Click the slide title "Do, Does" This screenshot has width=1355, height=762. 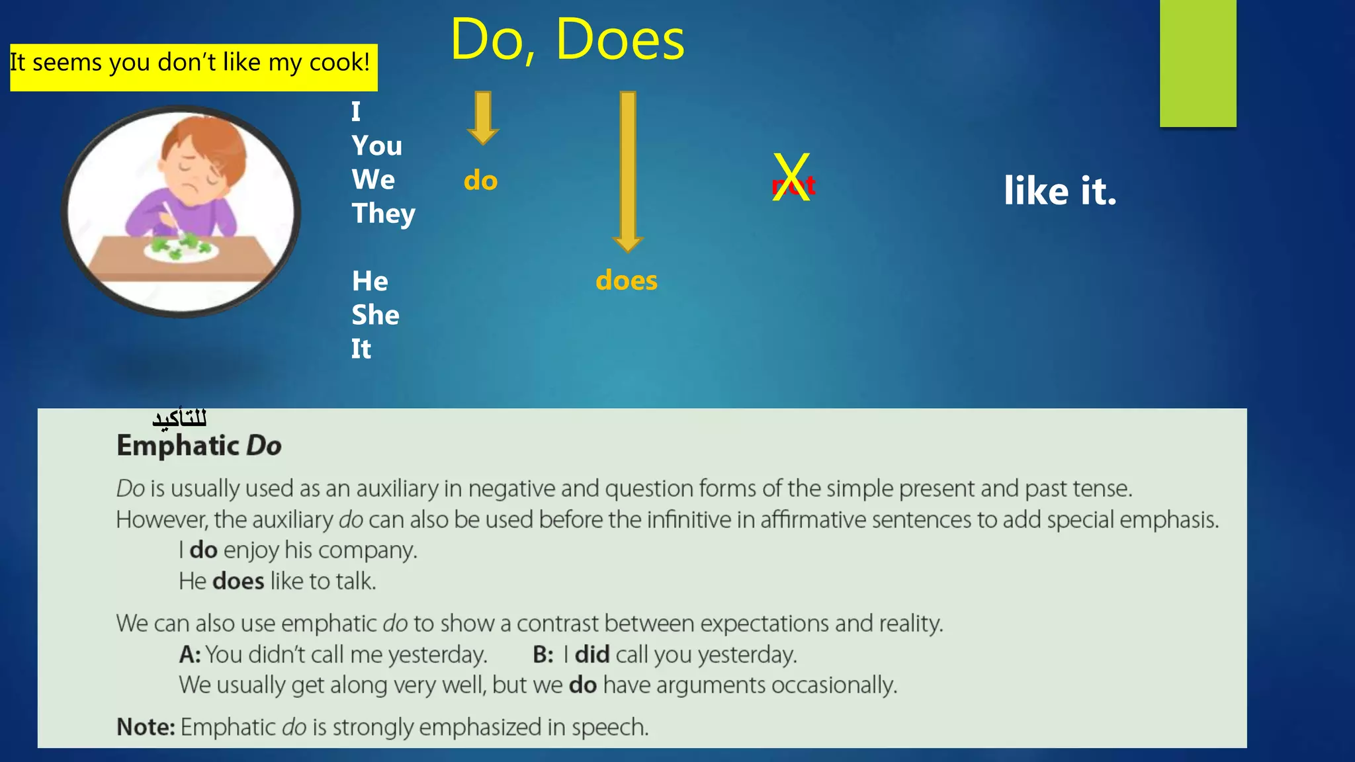tap(567, 40)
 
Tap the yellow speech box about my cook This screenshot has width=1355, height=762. tap(193, 67)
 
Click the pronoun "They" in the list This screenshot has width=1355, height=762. tap(383, 214)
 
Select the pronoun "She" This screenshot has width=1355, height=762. tap(375, 315)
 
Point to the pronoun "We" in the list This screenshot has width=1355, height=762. tap(373, 180)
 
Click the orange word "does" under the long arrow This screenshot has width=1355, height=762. tap(626, 280)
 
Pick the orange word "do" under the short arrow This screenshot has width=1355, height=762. tap(480, 181)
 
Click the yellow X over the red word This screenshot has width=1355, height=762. tap(791, 177)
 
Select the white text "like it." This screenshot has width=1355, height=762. tap(1059, 191)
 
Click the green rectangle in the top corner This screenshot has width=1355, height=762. tap(1198, 63)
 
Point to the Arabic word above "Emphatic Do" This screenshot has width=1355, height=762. tap(179, 418)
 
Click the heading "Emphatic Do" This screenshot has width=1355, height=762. tap(199, 446)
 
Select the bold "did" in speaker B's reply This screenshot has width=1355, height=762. tap(591, 655)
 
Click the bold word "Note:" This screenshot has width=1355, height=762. tap(146, 727)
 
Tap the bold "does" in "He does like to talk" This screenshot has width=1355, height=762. tap(238, 581)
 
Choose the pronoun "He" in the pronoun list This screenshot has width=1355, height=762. tap(370, 281)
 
